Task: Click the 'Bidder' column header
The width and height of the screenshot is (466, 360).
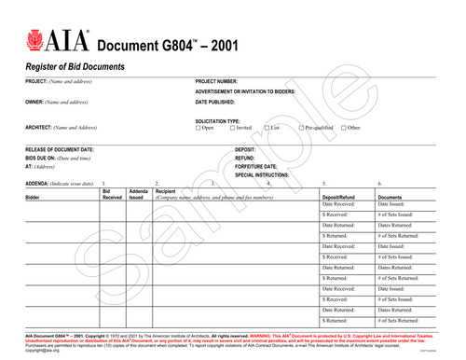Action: click(x=34, y=199)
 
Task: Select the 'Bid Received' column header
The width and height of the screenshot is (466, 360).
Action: click(x=112, y=195)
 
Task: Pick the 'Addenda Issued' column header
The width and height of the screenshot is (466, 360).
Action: click(x=138, y=195)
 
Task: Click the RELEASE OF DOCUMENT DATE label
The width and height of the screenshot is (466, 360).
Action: click(x=59, y=149)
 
